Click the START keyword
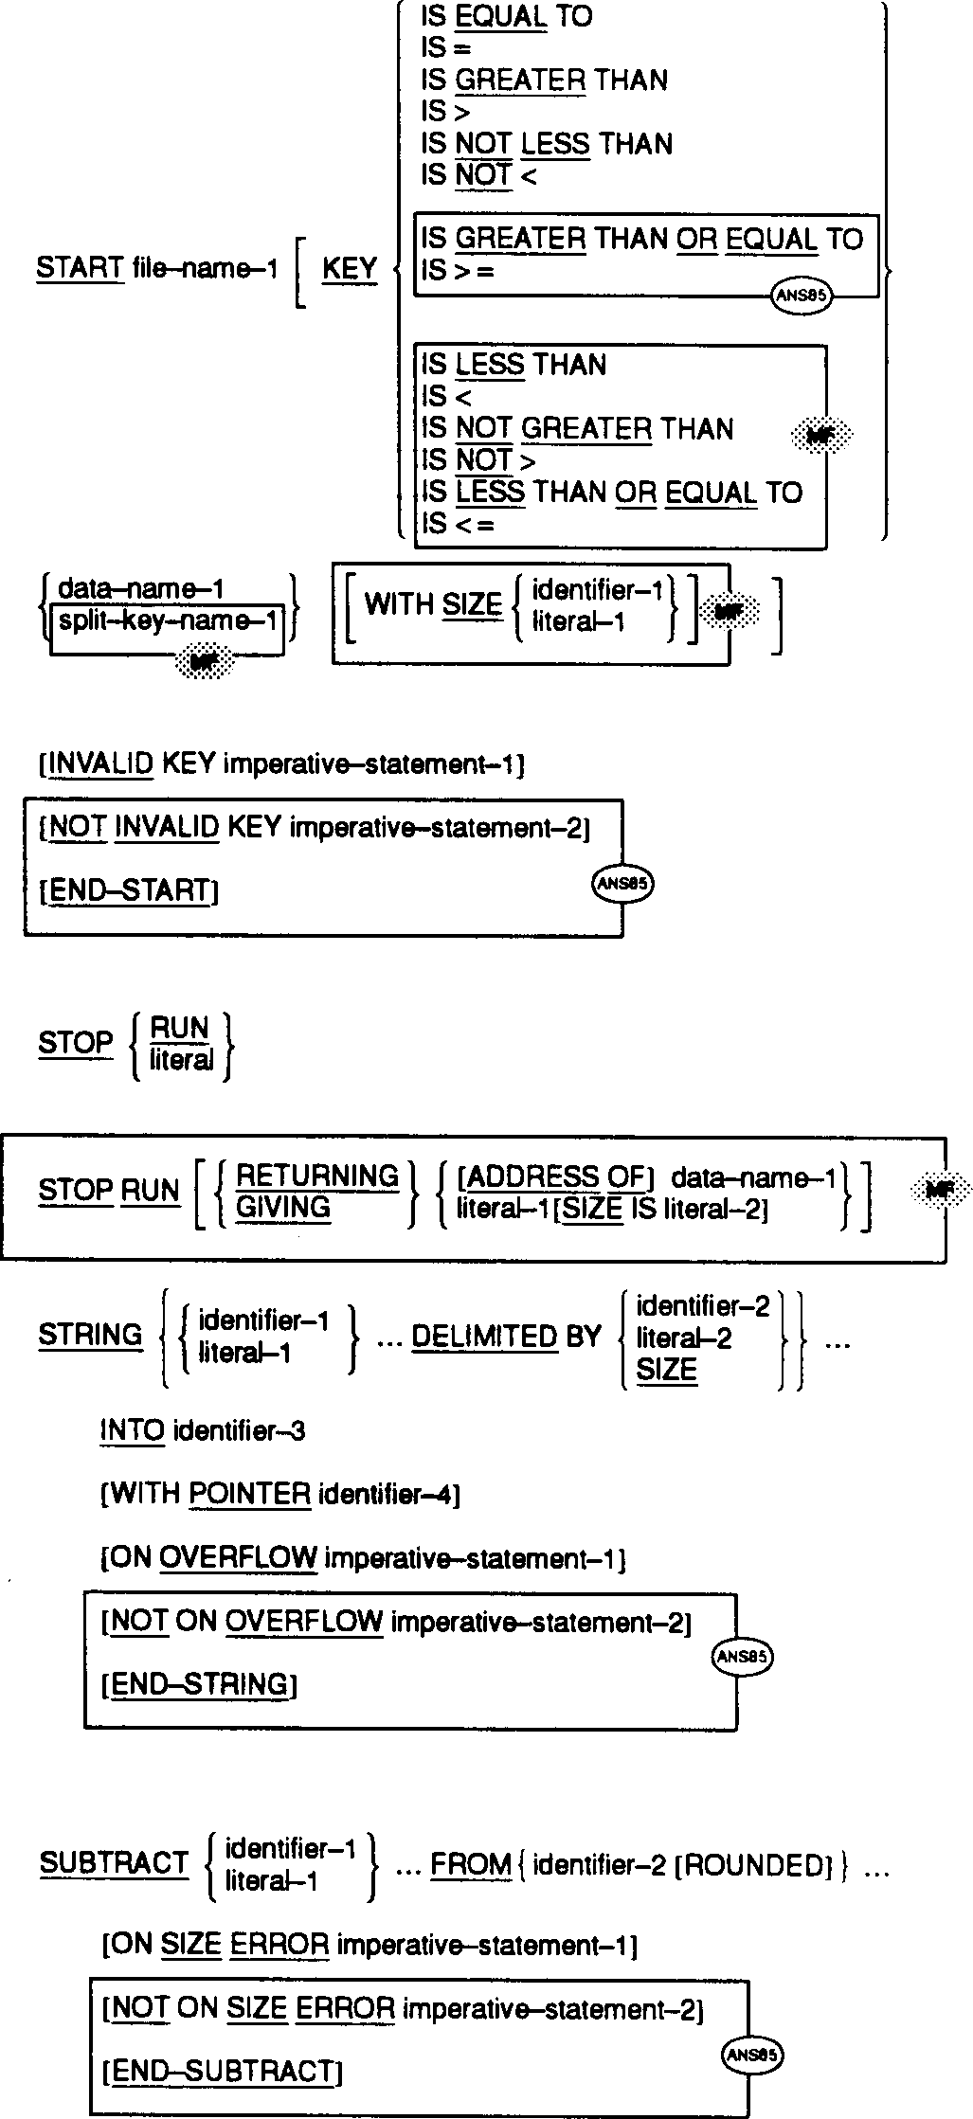[x=80, y=268]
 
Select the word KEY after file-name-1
[x=350, y=269]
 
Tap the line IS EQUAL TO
[x=506, y=17]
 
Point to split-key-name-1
[x=169, y=621]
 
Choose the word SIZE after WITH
[x=472, y=604]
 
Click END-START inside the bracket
[x=130, y=890]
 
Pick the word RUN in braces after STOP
[x=180, y=1028]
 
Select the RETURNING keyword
[x=317, y=1176]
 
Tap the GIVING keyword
[x=283, y=1207]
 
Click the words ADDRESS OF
[x=555, y=1177]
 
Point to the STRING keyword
[x=90, y=1335]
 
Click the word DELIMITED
[x=484, y=1337]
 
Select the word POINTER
[x=250, y=1494]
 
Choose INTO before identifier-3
[x=133, y=1430]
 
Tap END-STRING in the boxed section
[x=200, y=1683]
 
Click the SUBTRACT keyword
[x=114, y=1863]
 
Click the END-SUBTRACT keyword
[x=223, y=2072]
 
